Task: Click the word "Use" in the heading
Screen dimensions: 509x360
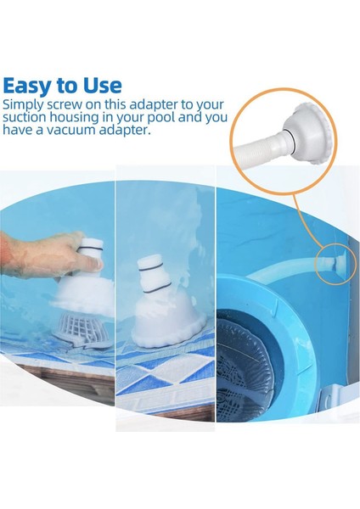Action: [x=102, y=86]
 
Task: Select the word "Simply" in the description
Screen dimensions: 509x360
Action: [x=25, y=104]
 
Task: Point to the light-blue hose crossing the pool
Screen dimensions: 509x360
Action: [x=280, y=284]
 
